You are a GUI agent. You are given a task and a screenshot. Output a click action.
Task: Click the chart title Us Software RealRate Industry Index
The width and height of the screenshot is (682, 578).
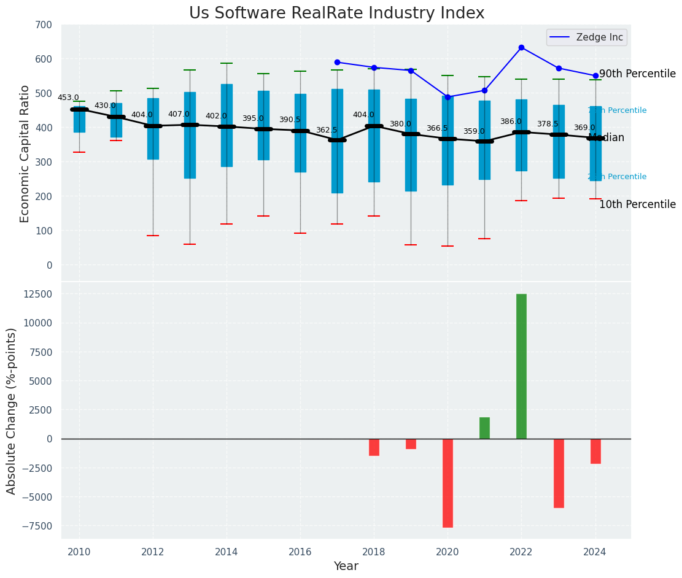tap(336, 13)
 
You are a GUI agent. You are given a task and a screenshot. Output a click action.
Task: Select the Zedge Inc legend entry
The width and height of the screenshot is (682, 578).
tap(586, 37)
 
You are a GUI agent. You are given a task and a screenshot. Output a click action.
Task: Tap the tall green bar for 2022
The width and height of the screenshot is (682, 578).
tap(521, 366)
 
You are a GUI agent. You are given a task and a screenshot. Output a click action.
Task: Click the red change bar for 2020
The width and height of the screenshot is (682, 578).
tap(448, 483)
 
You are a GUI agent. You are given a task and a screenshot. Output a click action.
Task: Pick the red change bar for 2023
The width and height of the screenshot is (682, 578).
tap(559, 473)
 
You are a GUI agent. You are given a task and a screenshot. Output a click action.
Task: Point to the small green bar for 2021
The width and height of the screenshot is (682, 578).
tap(484, 428)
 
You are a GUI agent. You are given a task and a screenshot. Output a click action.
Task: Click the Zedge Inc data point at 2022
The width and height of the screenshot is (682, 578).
tap(521, 47)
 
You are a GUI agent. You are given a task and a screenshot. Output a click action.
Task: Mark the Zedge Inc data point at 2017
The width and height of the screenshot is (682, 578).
tap(337, 62)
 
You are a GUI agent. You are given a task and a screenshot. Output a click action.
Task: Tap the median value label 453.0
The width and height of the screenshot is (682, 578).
tap(68, 98)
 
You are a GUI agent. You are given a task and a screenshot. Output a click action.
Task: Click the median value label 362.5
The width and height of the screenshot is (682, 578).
tap(327, 131)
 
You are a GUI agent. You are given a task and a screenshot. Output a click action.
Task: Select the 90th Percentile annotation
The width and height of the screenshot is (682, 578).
tap(637, 74)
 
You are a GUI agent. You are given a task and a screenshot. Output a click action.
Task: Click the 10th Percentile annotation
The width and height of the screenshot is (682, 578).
tap(637, 205)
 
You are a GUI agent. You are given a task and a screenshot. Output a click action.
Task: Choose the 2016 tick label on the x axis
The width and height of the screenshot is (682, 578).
tap(300, 552)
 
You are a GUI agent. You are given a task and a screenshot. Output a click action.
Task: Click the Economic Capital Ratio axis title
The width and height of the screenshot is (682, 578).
tap(25, 153)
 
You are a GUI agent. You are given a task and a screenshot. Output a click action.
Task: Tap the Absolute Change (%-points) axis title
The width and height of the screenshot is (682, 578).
tap(12, 410)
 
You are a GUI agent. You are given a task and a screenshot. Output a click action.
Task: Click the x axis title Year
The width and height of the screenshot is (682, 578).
tap(346, 566)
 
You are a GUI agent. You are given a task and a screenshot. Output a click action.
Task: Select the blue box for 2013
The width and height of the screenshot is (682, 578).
tap(190, 135)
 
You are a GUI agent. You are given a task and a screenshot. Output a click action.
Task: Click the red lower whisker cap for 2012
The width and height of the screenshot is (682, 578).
tap(153, 236)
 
